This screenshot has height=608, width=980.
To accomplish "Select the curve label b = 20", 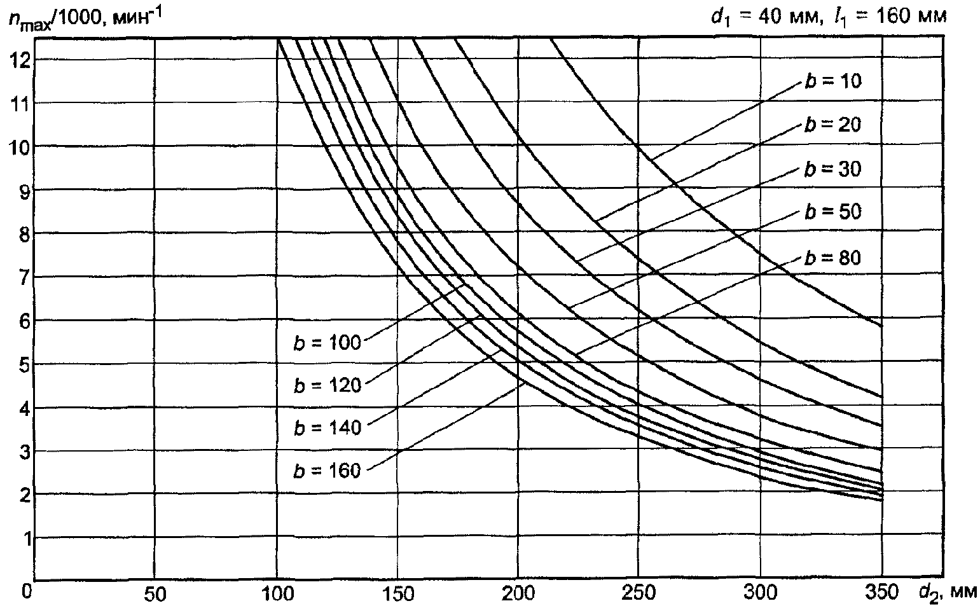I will click(x=832, y=125).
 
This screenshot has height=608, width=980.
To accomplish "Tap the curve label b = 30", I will click(x=832, y=169).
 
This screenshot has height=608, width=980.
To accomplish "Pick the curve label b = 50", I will click(x=832, y=212).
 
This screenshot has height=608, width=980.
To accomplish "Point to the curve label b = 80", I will click(x=832, y=258).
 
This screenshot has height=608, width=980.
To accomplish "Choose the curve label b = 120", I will click(x=327, y=385).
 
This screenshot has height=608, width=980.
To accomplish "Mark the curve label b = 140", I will click(x=327, y=427).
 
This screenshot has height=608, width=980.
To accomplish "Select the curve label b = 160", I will click(x=327, y=471).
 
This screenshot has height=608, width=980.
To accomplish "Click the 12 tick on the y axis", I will click(x=20, y=60).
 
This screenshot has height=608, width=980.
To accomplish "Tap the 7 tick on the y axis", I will click(x=25, y=277).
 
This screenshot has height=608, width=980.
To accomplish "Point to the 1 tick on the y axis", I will click(x=25, y=538).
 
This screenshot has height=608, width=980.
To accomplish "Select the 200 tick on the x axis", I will click(x=518, y=595).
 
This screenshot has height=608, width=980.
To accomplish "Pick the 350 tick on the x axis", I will click(x=881, y=595).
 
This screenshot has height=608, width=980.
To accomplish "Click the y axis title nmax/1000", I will click(x=85, y=18).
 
